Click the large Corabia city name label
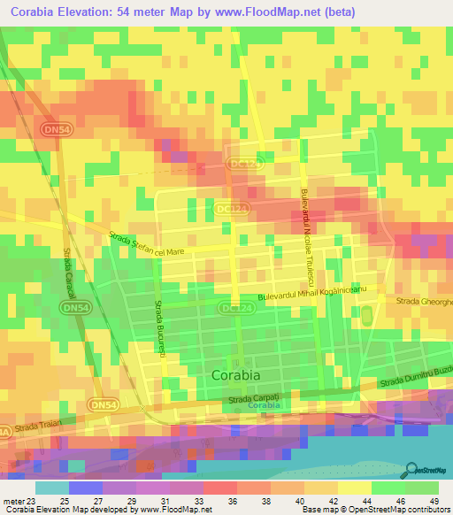pyautogui.click(x=236, y=375)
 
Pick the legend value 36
pyautogui.click(x=219, y=501)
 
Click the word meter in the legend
pyautogui.click(x=10, y=501)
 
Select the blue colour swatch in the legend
pyautogui.click(x=86, y=488)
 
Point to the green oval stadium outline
pyautogui.click(x=365, y=316)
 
